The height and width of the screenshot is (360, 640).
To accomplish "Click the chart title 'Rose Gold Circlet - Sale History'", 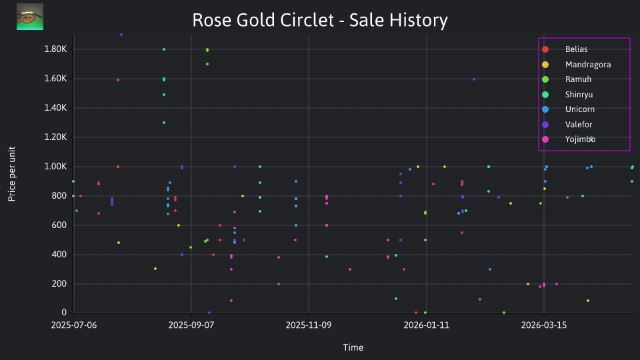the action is click(320, 20).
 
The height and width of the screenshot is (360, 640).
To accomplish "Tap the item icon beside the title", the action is click(30, 17).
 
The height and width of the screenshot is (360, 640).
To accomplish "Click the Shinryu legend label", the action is click(579, 94).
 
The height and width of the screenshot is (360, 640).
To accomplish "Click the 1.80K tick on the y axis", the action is click(55, 49).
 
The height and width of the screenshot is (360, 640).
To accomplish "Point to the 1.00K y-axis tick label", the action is click(55, 167).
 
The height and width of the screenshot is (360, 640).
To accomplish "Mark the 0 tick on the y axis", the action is click(64, 313).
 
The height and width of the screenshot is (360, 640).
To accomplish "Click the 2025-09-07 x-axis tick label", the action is click(191, 325).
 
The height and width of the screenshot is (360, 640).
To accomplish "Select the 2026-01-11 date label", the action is click(427, 325).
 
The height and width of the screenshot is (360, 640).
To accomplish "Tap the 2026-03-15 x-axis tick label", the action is click(544, 325).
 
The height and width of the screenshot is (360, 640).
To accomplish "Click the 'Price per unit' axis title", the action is click(12, 174).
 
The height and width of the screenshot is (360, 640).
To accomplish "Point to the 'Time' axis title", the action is click(353, 347).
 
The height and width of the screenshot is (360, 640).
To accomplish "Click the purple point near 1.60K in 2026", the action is click(474, 79).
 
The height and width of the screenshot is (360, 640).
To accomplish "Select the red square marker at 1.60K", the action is click(118, 80).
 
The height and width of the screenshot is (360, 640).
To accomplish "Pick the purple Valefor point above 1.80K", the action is click(121, 35).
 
